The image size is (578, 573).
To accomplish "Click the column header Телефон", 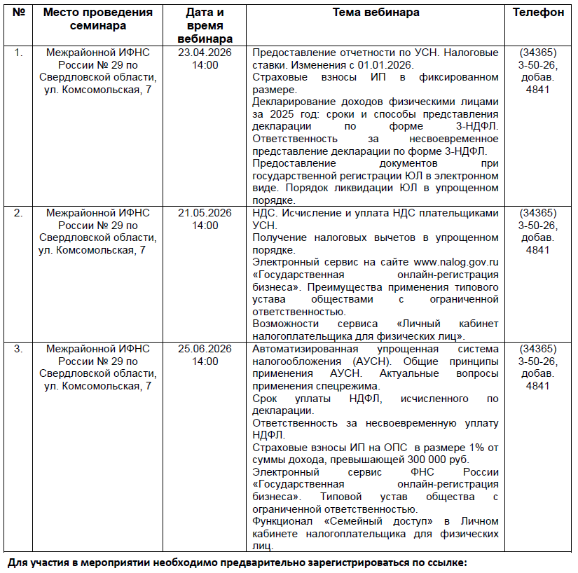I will (x=538, y=13).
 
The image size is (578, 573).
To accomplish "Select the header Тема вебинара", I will (x=376, y=13).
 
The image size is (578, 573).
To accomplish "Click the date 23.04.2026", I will (x=205, y=53).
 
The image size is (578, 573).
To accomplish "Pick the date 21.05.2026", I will (x=205, y=213).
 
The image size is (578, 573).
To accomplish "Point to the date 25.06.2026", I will (x=205, y=348).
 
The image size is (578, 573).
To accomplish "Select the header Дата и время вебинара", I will (x=205, y=25).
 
